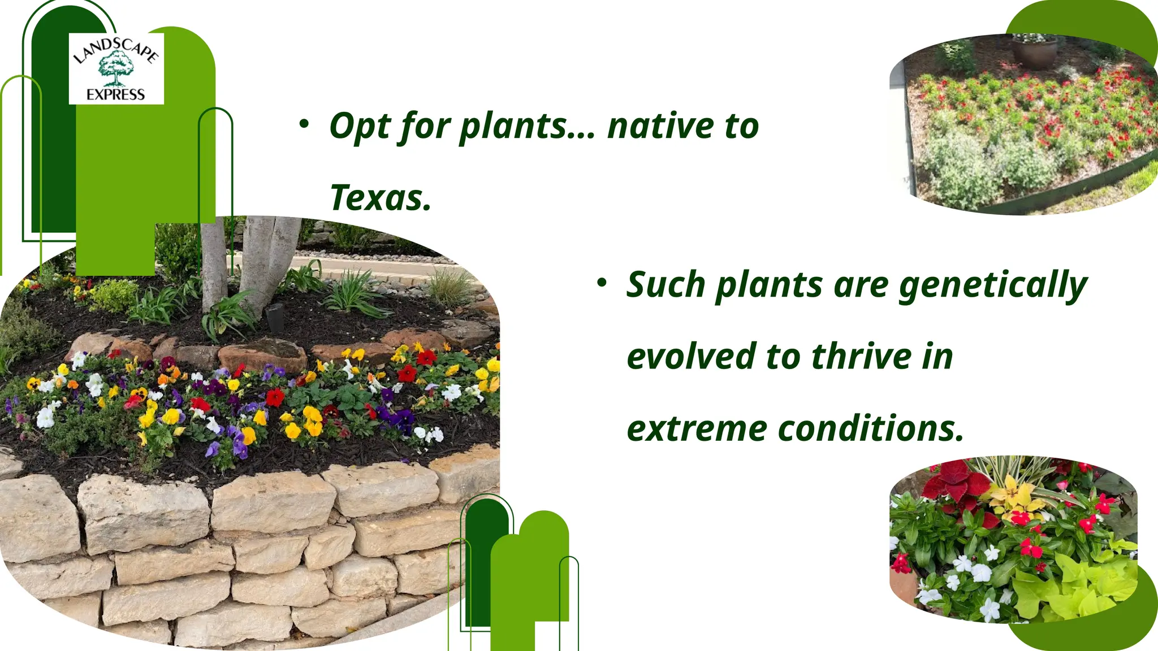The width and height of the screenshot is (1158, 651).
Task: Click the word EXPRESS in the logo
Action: click(116, 94)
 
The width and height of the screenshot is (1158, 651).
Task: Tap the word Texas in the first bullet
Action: click(380, 198)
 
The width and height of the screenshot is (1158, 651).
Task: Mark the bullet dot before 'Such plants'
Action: click(602, 282)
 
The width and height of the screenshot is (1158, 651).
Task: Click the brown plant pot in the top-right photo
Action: click(1034, 52)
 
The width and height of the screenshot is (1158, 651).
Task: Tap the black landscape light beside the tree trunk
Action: click(275, 318)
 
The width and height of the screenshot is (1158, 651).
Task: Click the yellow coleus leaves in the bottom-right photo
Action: click(1016, 497)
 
